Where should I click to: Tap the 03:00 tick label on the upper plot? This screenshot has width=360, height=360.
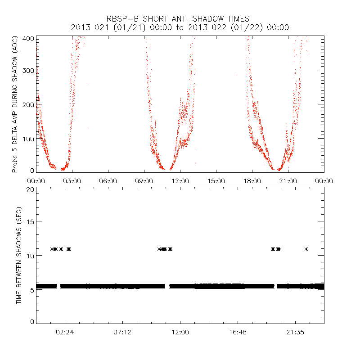[x=72, y=181]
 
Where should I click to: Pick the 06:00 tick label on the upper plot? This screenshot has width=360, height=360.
[x=108, y=181]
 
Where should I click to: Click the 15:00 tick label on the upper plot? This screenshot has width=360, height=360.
[x=216, y=181]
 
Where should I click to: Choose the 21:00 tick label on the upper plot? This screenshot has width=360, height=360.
[x=288, y=181]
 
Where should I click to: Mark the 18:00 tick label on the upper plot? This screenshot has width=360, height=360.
[x=252, y=181]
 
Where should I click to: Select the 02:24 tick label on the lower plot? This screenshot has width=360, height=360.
[x=65, y=332]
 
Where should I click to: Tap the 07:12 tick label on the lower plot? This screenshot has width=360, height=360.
[x=122, y=332]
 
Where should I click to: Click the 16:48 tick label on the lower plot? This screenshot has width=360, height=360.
[x=238, y=332]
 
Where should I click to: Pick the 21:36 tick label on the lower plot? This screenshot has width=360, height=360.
[x=295, y=332]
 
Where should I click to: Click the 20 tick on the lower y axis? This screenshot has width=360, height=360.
[x=30, y=189]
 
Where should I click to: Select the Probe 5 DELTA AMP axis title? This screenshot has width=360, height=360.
[x=15, y=104]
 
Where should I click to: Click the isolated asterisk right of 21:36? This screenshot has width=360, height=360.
[x=306, y=249]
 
